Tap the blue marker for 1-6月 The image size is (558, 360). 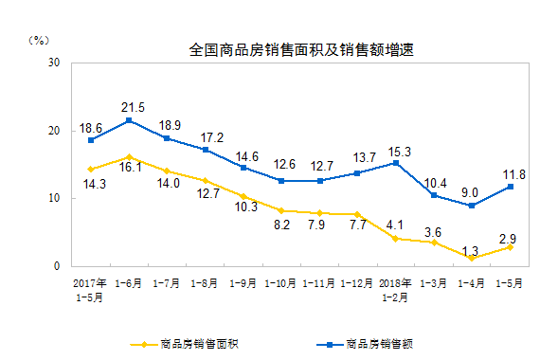click(x=129, y=120)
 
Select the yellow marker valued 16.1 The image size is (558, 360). click(x=129, y=157)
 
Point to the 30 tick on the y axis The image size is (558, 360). click(x=54, y=63)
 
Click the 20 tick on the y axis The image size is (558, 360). click(x=54, y=131)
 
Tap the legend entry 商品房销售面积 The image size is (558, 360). click(x=193, y=343)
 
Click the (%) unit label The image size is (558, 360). click(x=39, y=40)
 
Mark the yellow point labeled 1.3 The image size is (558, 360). click(x=472, y=258)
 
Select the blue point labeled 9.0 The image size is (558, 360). click(x=472, y=206)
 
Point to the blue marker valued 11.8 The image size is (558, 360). click(x=511, y=187)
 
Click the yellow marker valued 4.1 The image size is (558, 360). click(x=395, y=239)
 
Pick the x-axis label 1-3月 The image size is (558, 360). click(x=434, y=282)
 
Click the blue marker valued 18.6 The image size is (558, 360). click(x=91, y=140)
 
